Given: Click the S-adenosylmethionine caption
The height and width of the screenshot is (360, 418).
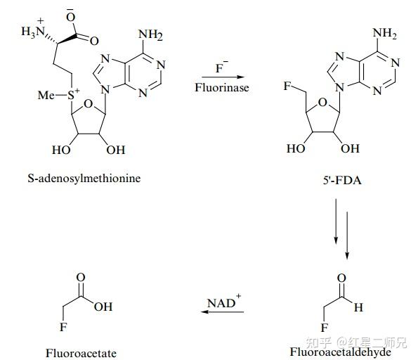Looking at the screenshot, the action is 84,179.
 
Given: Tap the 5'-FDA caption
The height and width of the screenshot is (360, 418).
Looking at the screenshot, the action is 342,181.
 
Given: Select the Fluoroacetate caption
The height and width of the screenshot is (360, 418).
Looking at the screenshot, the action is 81,354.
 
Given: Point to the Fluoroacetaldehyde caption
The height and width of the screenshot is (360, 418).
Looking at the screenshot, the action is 341,352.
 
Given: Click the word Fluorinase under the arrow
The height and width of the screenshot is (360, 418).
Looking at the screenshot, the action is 222,87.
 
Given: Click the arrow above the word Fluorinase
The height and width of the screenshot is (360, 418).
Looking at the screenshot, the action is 223,77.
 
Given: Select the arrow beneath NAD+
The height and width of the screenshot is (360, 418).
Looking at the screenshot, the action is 222,311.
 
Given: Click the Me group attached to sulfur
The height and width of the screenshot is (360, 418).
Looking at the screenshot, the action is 46,95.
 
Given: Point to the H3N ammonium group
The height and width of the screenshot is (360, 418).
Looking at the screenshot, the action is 33,30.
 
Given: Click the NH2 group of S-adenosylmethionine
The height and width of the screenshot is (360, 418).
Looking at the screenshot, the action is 150,34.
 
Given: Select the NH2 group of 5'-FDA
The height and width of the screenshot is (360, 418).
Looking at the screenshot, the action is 385,33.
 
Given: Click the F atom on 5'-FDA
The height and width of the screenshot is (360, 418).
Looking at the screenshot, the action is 287,86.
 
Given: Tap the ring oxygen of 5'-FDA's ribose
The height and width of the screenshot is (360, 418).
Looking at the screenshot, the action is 322,102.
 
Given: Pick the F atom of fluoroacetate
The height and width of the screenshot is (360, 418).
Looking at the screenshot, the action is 63,327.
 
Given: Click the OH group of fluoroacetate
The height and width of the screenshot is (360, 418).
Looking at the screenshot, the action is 103,307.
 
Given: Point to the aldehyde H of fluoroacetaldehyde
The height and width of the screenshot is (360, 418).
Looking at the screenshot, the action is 358,307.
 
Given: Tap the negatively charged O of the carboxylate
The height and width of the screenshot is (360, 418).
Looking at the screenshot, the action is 71,15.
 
